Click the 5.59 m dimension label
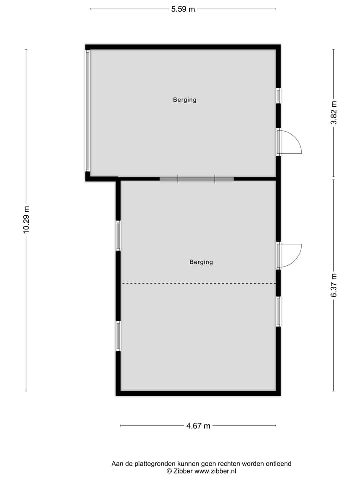pos(183,9)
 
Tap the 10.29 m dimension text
pos(26,220)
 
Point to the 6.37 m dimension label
pos(334,285)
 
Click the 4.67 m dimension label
pos(198,426)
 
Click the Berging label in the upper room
pos(185,100)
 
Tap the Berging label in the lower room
pos(201,262)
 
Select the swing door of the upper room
pos(290,142)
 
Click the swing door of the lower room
pos(290,255)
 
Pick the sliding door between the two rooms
pos(197,179)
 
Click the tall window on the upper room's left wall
pos(88,111)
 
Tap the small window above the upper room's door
pos(278,95)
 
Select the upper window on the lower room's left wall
pos(118,235)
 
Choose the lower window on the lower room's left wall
pos(118,336)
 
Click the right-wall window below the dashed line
pos(278,312)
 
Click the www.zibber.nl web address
pos(215,471)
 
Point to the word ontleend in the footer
pos(278,464)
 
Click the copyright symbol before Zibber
pos(169,471)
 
